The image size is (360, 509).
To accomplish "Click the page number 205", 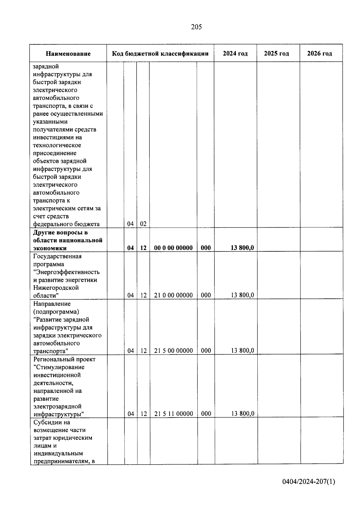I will [x=196, y=27].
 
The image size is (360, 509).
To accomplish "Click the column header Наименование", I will [x=68, y=54].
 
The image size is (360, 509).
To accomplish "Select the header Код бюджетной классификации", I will [x=160, y=54].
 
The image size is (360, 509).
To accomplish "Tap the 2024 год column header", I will [x=235, y=53].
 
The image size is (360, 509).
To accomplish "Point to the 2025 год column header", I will [x=276, y=53].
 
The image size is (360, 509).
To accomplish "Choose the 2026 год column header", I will [x=319, y=53].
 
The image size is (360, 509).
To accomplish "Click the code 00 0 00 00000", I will [x=173, y=248].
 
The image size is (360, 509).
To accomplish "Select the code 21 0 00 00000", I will [x=173, y=295].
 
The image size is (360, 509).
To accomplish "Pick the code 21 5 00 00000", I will [x=173, y=351].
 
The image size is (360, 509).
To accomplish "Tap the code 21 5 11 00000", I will [x=173, y=414].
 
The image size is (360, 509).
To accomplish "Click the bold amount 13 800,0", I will [x=242, y=248].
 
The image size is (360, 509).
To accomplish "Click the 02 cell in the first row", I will [x=143, y=224].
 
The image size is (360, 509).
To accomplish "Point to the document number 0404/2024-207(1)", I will [x=309, y=482].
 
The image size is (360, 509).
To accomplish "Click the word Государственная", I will [x=57, y=256].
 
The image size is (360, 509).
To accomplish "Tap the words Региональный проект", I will [x=64, y=359].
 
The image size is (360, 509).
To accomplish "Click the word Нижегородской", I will [x=56, y=288].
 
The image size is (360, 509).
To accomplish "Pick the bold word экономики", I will [x=50, y=248].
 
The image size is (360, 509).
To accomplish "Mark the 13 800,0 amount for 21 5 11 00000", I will [x=242, y=414].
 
